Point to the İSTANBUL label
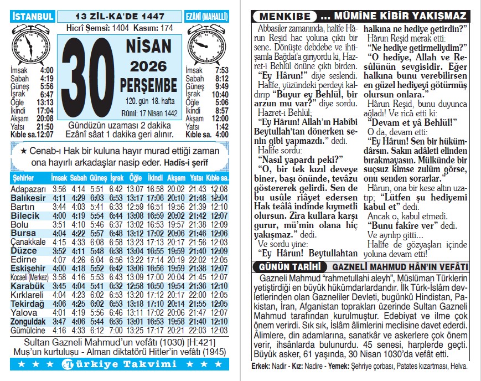tap(32, 16)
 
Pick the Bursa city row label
tap(23, 233)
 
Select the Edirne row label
tap(24, 260)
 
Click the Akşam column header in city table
tap(176, 179)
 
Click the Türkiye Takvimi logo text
tap(121, 364)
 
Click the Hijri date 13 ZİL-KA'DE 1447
tap(120, 16)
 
